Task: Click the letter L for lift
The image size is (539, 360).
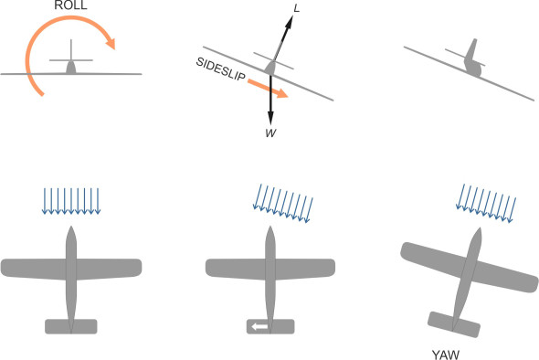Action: pos(296,8)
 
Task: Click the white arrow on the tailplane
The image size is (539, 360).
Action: pos(262,326)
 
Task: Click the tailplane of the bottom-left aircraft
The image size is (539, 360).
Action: pos(70,326)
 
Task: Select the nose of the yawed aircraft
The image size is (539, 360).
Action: pos(476,236)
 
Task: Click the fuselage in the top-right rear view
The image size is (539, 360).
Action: pos(471,62)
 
